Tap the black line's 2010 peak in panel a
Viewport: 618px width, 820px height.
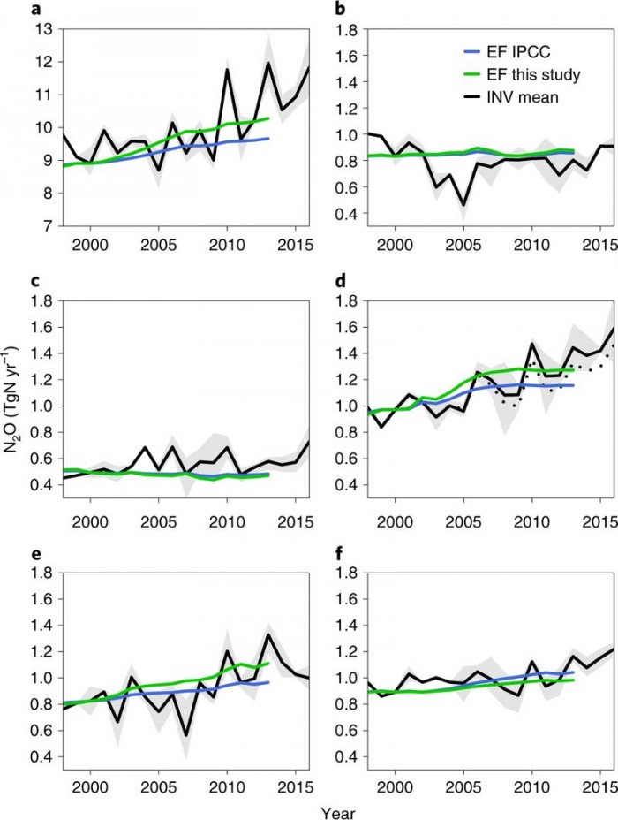[227, 69]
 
